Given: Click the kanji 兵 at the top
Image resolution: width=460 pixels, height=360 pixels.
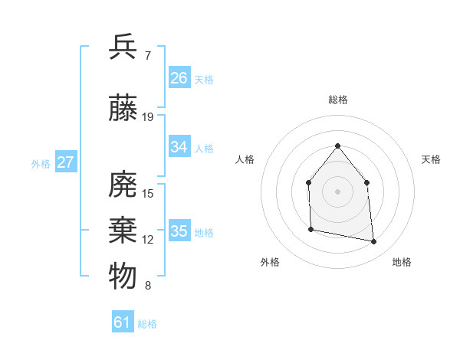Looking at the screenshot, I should (x=123, y=47).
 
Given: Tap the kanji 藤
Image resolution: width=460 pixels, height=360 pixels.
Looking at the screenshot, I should (x=123, y=109).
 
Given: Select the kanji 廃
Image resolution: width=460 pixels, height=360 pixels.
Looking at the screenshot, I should (x=123, y=185).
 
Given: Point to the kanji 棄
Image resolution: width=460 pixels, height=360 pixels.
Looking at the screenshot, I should (x=123, y=230).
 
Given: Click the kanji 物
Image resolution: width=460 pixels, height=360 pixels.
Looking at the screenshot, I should (x=123, y=275).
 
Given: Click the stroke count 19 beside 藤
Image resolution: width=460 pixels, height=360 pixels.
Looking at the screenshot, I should (x=148, y=117).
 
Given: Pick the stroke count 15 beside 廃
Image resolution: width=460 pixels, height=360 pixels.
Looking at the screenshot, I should (x=148, y=194).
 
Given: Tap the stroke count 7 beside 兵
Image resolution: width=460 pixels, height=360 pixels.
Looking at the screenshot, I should (x=147, y=55).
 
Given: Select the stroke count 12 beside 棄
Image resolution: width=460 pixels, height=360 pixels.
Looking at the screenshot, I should (x=148, y=240).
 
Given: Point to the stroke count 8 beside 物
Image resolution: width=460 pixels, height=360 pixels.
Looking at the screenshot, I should (x=147, y=286).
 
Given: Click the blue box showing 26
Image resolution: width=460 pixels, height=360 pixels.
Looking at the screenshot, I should (x=179, y=77).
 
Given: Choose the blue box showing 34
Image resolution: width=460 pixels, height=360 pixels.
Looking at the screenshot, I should (x=179, y=146).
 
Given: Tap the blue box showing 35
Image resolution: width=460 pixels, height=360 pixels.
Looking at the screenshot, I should (x=179, y=231).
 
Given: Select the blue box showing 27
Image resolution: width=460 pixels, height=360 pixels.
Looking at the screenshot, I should (x=66, y=162).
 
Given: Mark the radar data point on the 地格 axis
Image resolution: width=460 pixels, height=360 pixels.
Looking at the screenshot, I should (x=374, y=242).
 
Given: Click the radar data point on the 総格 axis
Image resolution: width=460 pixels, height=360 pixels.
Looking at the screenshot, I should (x=337, y=146).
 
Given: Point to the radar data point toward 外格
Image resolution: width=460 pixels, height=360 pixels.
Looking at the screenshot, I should (x=310, y=229).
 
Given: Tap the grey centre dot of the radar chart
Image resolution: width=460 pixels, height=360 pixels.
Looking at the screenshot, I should (x=337, y=191).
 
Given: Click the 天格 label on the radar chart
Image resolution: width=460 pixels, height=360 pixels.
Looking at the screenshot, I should (x=431, y=159).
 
